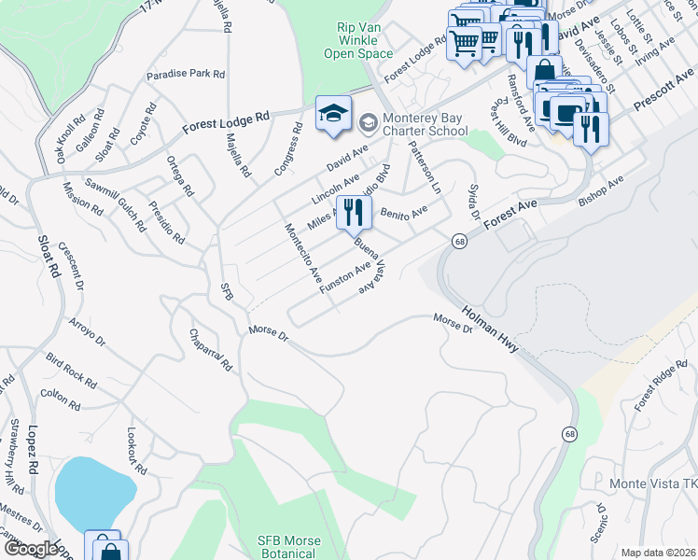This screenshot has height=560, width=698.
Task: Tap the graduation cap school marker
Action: click(333, 115)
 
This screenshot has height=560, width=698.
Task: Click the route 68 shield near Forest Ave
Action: click(460, 242)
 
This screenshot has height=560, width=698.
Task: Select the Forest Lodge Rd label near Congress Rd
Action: click(225, 119)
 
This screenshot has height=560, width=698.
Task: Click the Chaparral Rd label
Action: click(210, 350)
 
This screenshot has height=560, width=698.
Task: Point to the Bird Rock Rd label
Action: click(72, 370)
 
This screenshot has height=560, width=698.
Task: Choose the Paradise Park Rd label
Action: click(187, 74)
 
